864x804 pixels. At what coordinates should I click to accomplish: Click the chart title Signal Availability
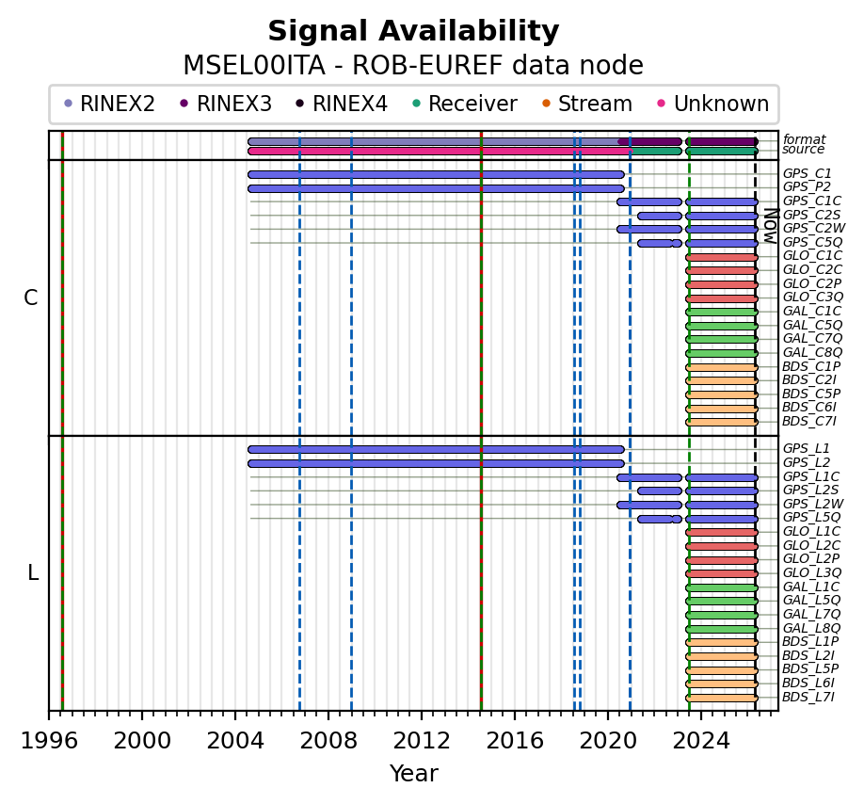(x=413, y=32)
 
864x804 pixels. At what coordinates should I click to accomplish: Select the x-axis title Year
(x=413, y=774)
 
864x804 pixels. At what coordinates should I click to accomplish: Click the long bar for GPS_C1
(x=436, y=174)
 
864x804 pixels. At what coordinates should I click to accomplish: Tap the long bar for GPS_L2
(x=436, y=463)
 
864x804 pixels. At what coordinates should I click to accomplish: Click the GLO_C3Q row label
(x=812, y=297)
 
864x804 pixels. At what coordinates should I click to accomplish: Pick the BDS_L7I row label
(x=808, y=697)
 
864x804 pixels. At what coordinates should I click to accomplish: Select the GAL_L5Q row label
(x=812, y=600)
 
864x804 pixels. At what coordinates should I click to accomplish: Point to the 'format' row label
(x=804, y=139)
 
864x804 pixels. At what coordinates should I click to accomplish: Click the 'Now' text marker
(x=769, y=225)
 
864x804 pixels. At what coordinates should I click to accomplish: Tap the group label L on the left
(x=33, y=572)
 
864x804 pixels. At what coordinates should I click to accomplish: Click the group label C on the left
(x=31, y=297)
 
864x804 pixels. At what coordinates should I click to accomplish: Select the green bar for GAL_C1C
(x=722, y=312)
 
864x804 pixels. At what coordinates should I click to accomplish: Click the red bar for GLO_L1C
(x=722, y=532)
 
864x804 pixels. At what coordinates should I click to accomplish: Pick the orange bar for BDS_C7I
(x=722, y=422)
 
